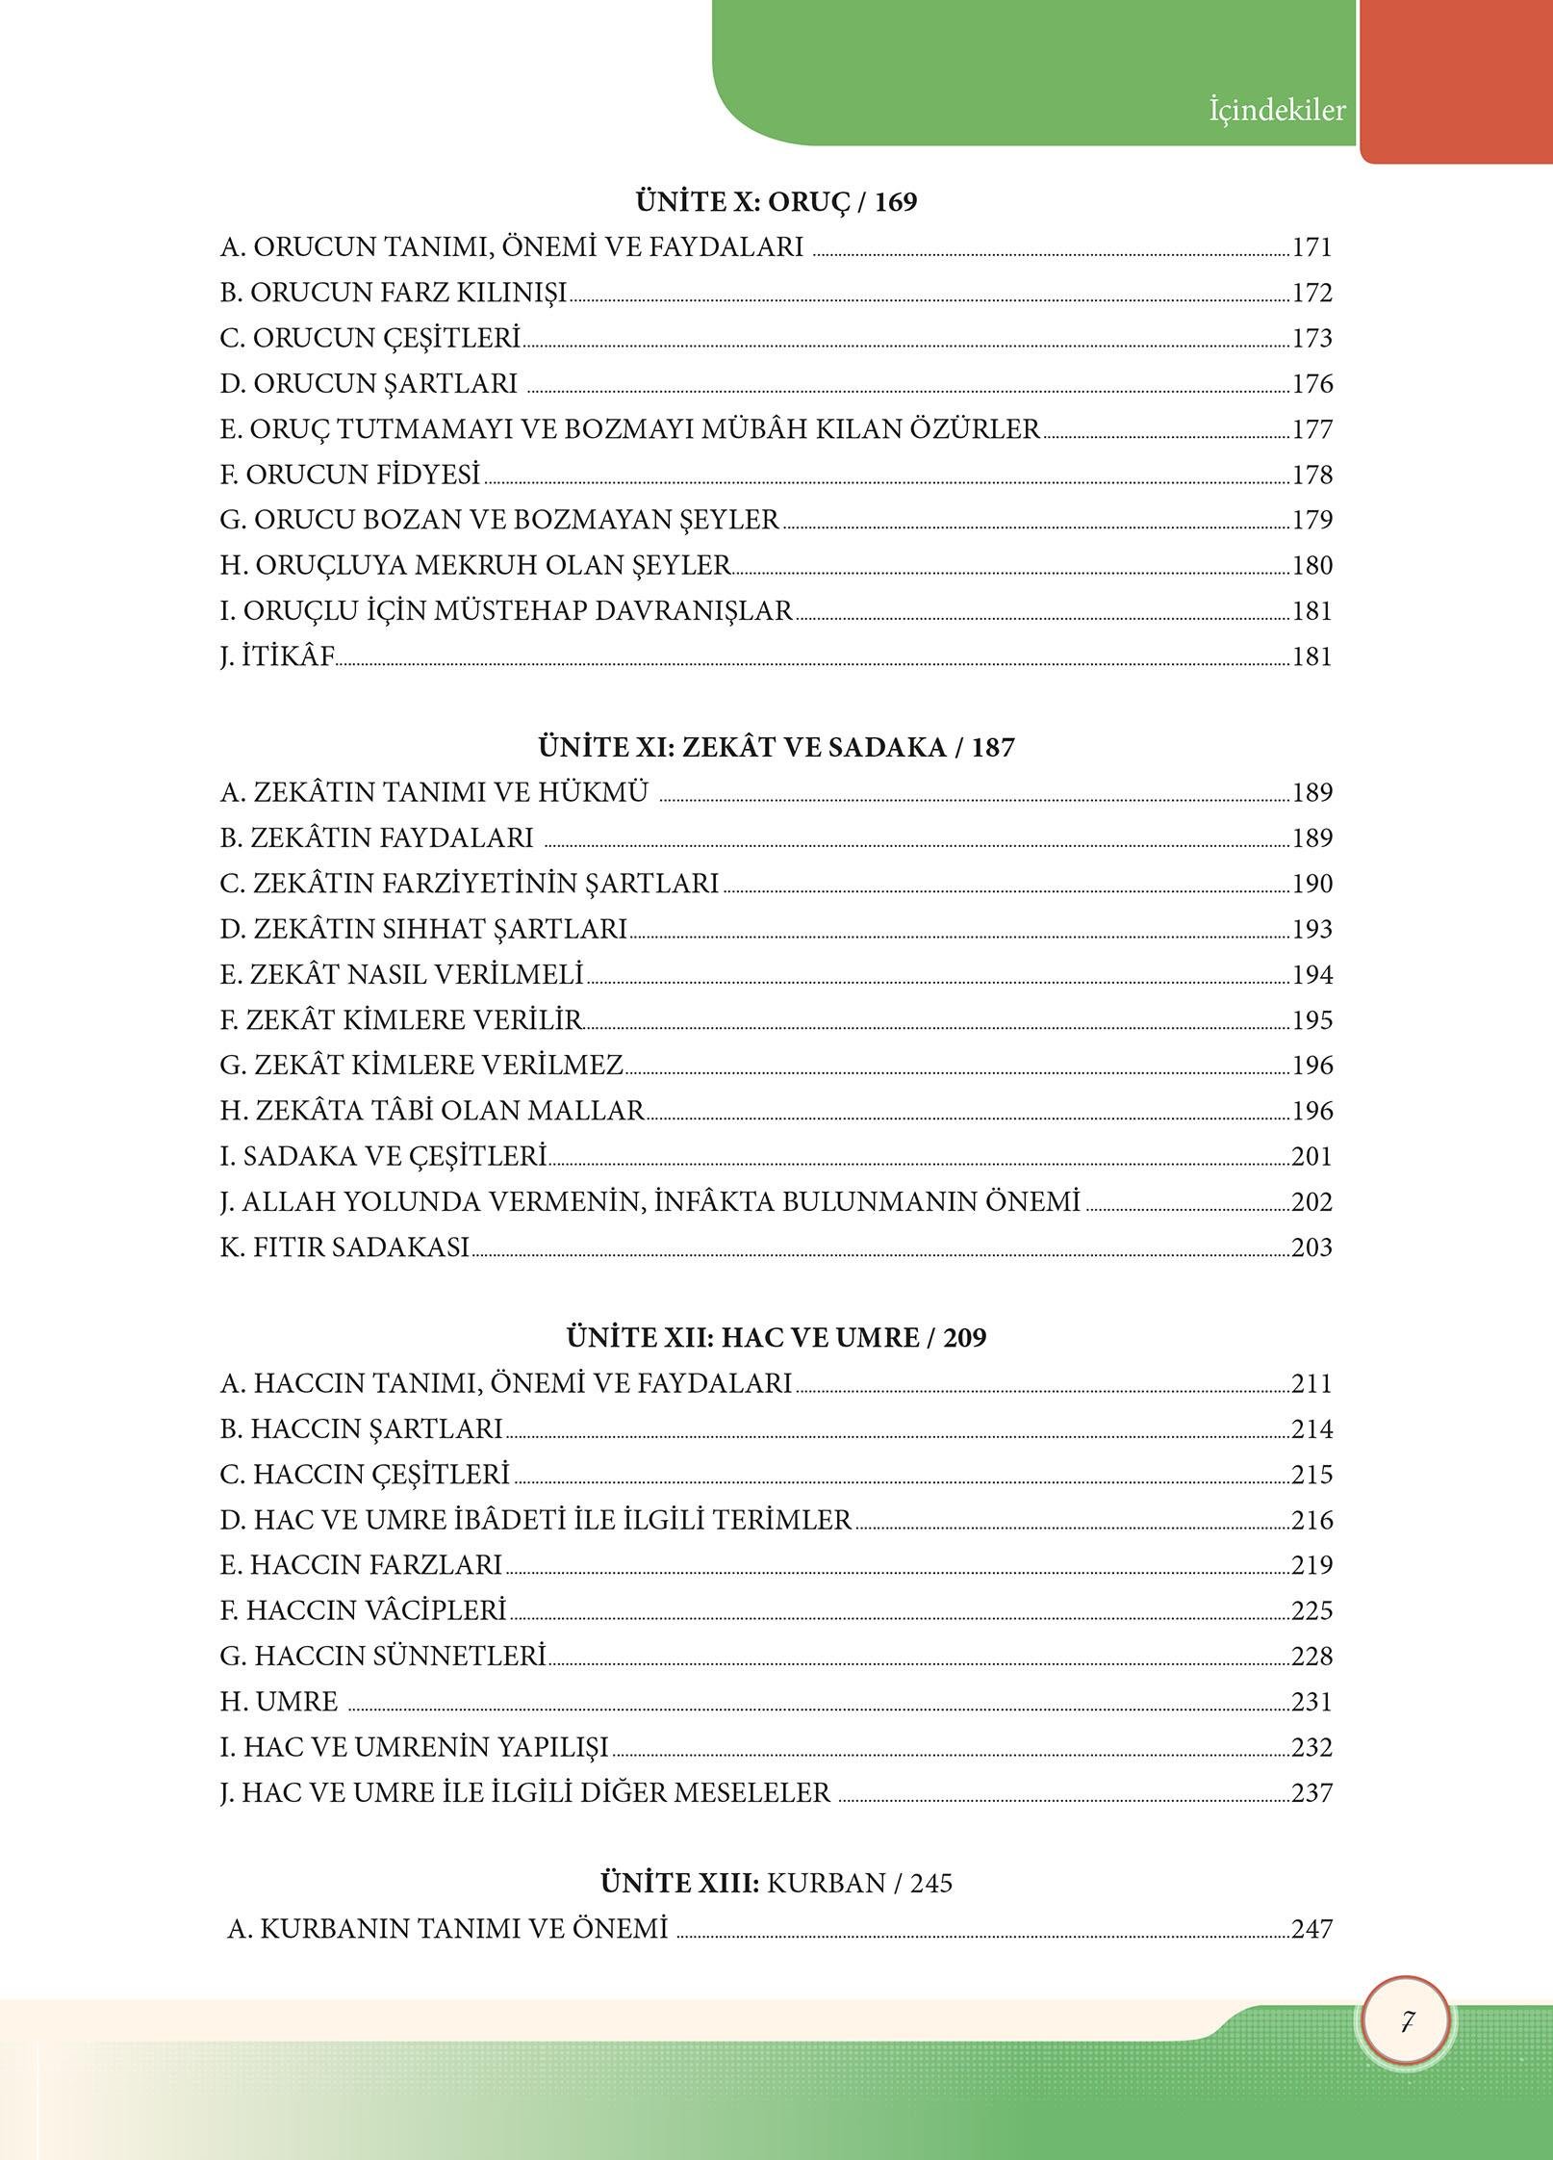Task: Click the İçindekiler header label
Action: (1277, 111)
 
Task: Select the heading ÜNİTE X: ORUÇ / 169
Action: (776, 202)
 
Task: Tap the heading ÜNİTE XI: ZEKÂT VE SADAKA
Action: (776, 747)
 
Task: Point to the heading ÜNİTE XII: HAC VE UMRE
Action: (776, 1338)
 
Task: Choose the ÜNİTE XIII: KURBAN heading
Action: (776, 1883)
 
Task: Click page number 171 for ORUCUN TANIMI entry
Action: (1311, 248)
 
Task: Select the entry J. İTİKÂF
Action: (277, 657)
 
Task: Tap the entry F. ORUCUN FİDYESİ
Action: (350, 476)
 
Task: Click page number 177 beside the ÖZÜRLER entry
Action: (1311, 430)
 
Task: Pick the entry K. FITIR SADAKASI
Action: (344, 1248)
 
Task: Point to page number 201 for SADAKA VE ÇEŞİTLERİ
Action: (1311, 1157)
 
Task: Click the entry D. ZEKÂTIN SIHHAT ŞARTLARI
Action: (423, 930)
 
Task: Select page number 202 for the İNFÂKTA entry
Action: (1311, 1203)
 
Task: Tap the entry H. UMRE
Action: (279, 1703)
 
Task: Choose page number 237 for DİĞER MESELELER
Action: (1311, 1793)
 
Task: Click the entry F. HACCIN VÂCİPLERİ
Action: (363, 1611)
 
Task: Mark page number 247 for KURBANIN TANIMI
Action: (1311, 1929)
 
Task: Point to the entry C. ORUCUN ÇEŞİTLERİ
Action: (370, 339)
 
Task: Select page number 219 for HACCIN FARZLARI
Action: (1311, 1566)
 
